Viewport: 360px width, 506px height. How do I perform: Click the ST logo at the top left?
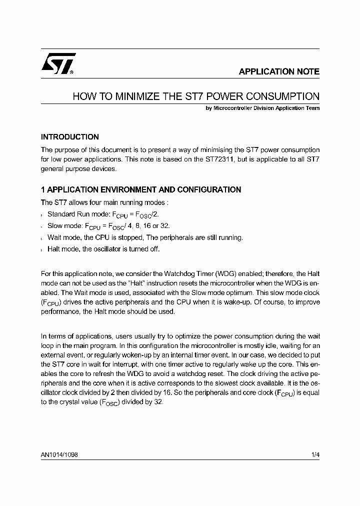click(58, 64)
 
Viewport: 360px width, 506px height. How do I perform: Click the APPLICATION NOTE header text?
click(279, 71)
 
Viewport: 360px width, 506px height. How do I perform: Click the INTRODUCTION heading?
click(70, 137)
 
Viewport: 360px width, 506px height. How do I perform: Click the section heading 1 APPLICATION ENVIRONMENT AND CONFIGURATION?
click(141, 190)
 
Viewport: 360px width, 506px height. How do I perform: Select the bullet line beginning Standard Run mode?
click(109, 214)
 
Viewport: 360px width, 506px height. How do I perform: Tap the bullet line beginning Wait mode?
click(145, 237)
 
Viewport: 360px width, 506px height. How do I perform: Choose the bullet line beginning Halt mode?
click(103, 249)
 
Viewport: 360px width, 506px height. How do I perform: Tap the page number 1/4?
click(314, 456)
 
